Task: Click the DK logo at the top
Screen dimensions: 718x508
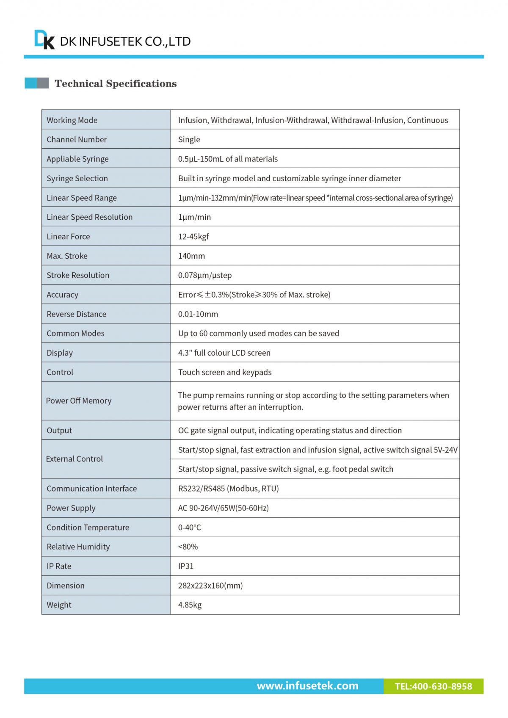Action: coord(44,40)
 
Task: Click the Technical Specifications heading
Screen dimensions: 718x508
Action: coord(116,83)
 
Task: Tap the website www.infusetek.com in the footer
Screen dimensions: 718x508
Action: coord(307,686)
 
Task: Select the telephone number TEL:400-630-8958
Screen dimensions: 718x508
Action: coord(433,686)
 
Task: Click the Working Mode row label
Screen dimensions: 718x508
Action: coord(72,120)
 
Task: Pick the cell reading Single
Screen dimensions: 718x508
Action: coord(189,140)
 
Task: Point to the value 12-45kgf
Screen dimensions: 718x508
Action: coord(193,237)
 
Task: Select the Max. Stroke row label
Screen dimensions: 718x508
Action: coord(67,256)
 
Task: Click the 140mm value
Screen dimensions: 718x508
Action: coord(191,256)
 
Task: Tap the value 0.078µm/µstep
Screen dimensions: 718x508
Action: coord(205,275)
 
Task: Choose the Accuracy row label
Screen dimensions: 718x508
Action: coord(62,295)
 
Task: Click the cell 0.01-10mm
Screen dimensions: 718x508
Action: coord(198,314)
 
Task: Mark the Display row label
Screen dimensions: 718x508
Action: coord(60,353)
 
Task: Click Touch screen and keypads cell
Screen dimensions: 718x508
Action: coord(225,372)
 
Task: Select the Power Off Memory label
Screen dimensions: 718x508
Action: coord(79,401)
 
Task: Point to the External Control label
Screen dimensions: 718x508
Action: coord(75,459)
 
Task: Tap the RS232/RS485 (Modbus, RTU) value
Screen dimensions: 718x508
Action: coord(228,489)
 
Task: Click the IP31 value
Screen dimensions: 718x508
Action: coord(186,566)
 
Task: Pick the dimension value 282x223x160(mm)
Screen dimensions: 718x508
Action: coord(210,586)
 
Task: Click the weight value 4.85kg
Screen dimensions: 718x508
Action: coord(190,605)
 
